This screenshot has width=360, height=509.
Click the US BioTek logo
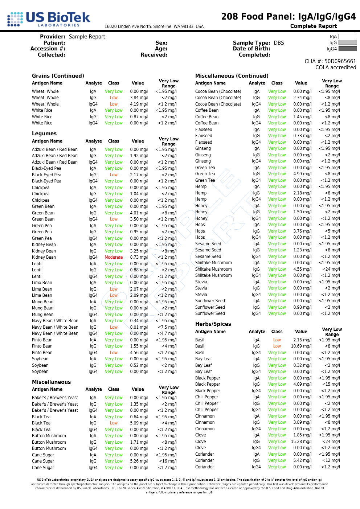click(49, 19)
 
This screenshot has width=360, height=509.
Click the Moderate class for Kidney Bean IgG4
click(114, 257)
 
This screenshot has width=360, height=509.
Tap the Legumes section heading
click(44, 134)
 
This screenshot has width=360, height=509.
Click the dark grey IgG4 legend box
click(347, 49)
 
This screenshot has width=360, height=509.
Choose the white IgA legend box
click(347, 36)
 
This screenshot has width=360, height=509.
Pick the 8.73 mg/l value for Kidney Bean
click(139, 257)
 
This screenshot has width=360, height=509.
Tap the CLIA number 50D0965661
click(340, 61)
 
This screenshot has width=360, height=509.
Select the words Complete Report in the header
click(314, 26)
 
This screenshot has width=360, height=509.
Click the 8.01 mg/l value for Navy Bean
click(139, 327)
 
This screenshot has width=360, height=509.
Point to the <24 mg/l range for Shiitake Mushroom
click(331, 269)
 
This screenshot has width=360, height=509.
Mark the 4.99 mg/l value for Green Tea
click(302, 174)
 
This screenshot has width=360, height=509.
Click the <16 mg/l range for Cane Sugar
click(168, 461)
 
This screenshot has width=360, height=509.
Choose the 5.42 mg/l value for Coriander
click(302, 460)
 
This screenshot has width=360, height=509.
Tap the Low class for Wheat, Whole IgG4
click(114, 104)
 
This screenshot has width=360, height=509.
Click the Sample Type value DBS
click(279, 43)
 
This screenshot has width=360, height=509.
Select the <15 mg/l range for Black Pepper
click(331, 384)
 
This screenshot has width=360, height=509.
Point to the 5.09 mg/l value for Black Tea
click(139, 423)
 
